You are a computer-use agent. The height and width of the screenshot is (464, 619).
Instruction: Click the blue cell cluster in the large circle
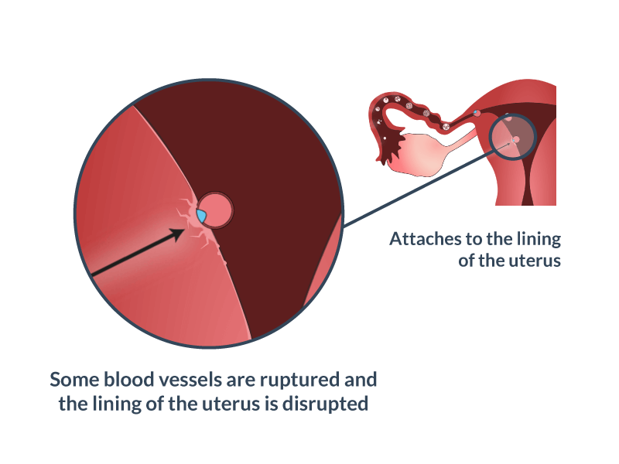tap(201, 217)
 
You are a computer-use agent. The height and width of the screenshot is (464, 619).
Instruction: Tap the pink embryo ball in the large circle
tap(216, 210)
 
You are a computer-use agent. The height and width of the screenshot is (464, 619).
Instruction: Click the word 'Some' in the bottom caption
tap(74, 380)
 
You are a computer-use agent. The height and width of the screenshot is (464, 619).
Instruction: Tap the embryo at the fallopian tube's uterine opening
tap(477, 113)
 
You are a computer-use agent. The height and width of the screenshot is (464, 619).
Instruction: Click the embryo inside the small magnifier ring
tap(515, 139)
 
